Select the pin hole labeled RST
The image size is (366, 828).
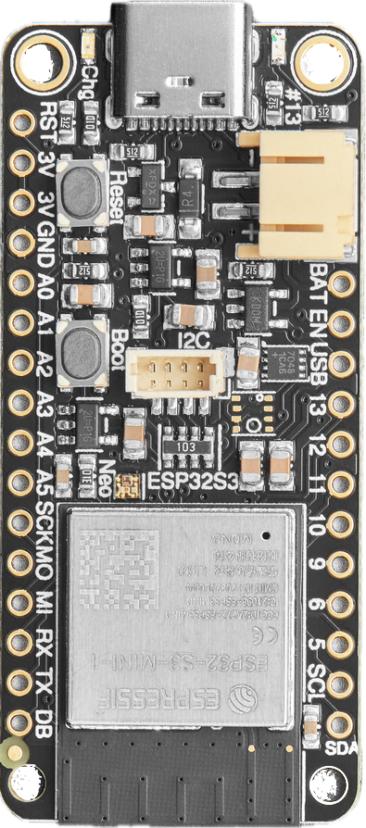[x=21, y=120]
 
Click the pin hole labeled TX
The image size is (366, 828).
[x=21, y=685]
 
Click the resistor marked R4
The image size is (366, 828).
[x=189, y=195]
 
